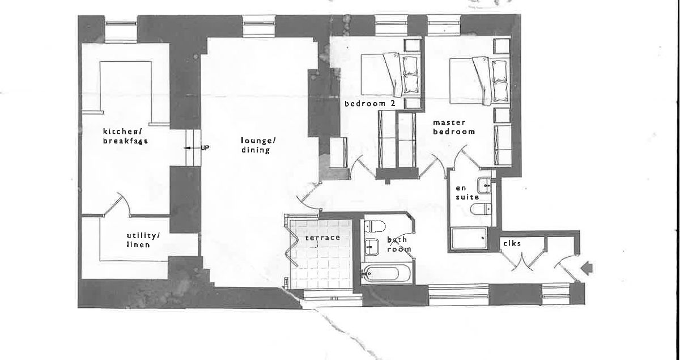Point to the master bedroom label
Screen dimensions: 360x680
[x=453, y=126]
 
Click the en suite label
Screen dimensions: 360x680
[x=467, y=192]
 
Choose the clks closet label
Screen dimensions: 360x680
[x=512, y=243]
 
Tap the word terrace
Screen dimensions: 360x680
[x=323, y=238]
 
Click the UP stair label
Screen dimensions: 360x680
[x=205, y=148]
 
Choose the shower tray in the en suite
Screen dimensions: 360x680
[x=470, y=239]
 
